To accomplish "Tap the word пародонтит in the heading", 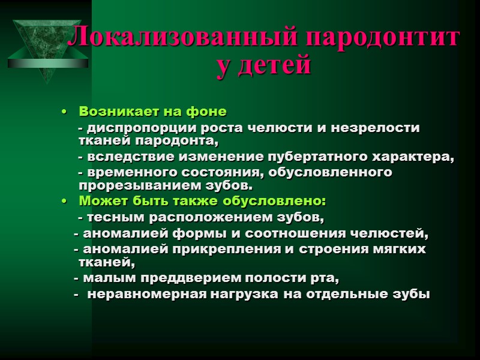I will pyautogui.click(x=384, y=38).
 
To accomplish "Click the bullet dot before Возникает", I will pyautogui.click(x=64, y=112).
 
